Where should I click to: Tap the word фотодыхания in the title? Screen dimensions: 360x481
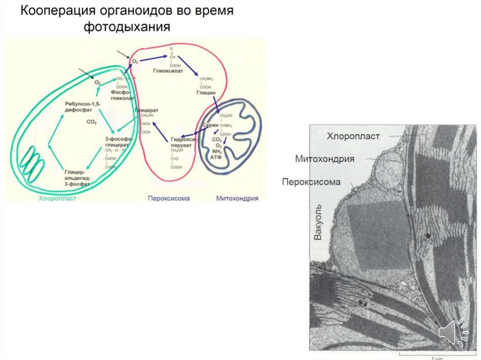(x=126, y=27)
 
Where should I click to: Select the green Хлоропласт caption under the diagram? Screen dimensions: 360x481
(x=57, y=199)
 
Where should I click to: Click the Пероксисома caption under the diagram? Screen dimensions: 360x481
(x=169, y=199)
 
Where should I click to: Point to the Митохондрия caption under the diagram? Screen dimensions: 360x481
(x=237, y=199)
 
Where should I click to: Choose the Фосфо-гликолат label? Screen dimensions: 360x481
(x=122, y=96)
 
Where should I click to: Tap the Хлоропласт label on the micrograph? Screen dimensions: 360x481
(x=353, y=137)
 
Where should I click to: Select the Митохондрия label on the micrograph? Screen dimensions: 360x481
(x=325, y=159)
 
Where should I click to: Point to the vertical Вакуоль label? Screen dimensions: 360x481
(x=318, y=222)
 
